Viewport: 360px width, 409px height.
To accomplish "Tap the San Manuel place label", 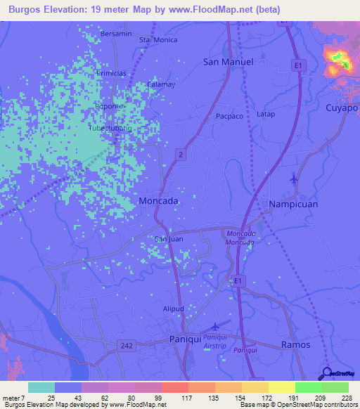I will pos(228,62).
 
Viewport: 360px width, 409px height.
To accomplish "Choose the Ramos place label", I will pos(295,344).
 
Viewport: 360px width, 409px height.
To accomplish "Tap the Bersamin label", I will pos(116,34).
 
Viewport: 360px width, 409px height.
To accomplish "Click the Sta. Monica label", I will pos(158,41).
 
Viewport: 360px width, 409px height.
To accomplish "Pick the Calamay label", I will pos(160,84).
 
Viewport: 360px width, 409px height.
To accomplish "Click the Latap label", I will pos(266,114).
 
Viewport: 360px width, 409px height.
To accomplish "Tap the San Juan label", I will pos(169,240).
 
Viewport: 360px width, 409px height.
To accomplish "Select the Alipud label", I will pos(173,309).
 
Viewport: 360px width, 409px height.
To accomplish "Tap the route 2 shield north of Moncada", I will pos(181,154).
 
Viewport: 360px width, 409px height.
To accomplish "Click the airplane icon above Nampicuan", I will pos(294,180).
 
